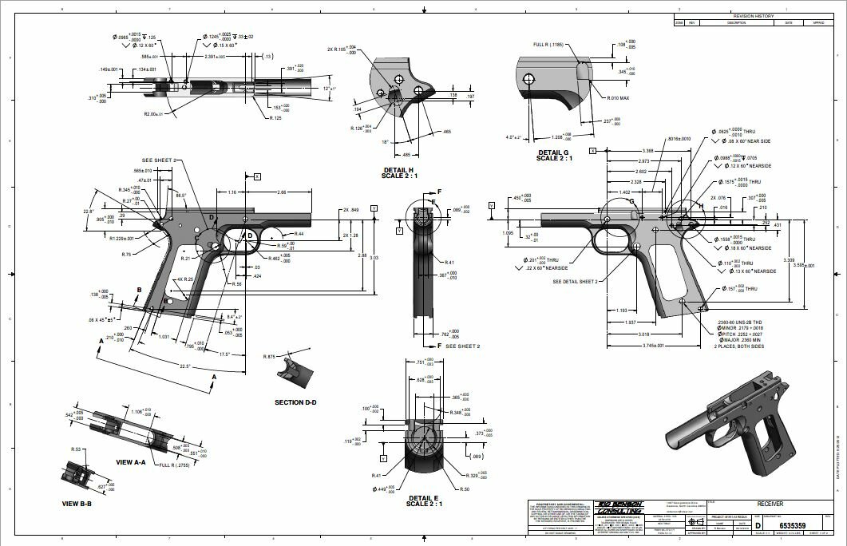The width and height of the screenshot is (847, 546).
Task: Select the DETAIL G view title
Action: point(554,152)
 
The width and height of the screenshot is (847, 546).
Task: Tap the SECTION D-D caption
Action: point(295,402)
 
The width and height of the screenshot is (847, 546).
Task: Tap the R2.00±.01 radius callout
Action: point(159,114)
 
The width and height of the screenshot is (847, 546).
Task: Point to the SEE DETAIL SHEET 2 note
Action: point(574,281)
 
